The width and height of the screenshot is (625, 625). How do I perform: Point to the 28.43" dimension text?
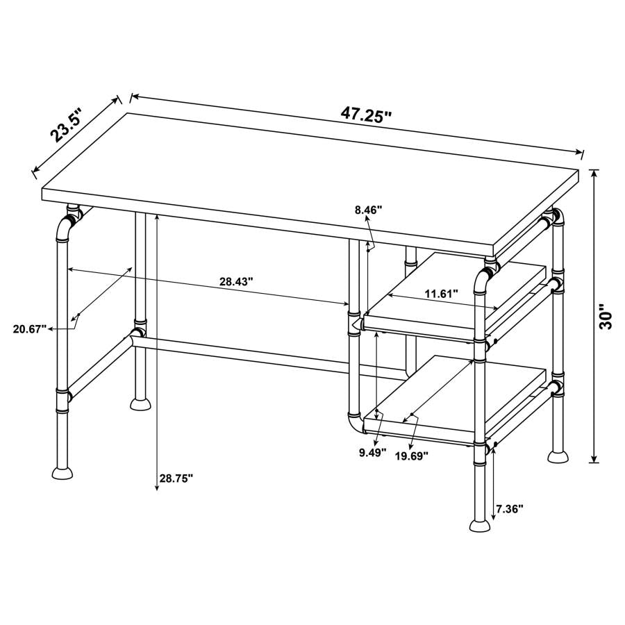pyautogui.click(x=236, y=281)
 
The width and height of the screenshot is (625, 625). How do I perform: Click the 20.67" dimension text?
pyautogui.click(x=29, y=328)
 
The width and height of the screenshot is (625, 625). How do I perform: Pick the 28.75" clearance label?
pyautogui.click(x=176, y=478)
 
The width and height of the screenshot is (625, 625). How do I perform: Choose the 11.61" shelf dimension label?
pyautogui.click(x=441, y=294)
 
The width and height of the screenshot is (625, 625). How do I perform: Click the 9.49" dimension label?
pyautogui.click(x=372, y=453)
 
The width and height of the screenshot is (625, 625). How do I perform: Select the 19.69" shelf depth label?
pyautogui.click(x=411, y=455)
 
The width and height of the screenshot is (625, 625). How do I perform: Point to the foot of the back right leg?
pyautogui.click(x=558, y=456)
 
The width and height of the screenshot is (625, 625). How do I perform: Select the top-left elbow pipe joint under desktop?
pyautogui.click(x=65, y=226)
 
